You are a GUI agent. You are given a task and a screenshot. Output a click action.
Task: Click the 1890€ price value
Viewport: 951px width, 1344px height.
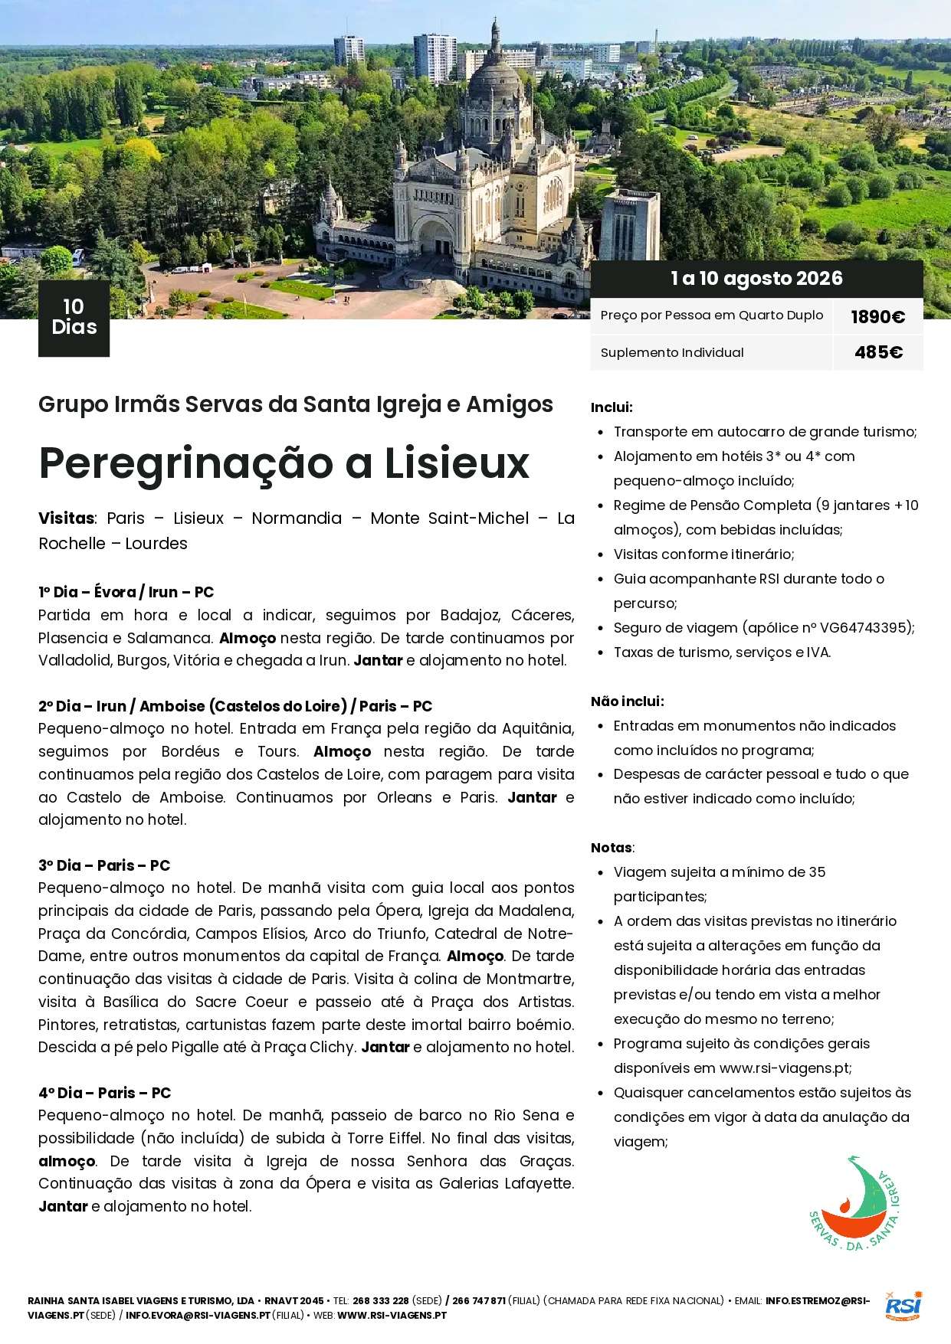(877, 317)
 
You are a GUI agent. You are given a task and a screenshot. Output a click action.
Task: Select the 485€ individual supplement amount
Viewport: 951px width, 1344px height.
(878, 352)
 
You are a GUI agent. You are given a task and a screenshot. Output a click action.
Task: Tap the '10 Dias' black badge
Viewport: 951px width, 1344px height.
(74, 318)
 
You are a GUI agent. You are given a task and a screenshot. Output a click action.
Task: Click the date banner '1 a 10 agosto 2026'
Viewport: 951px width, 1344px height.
(756, 279)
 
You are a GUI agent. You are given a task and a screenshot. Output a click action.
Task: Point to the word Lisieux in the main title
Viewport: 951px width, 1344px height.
(457, 463)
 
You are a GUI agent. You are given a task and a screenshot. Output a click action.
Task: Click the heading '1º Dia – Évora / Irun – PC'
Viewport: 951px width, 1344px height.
(126, 592)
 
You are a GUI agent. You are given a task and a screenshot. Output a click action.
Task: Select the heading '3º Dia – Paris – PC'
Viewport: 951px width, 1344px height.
(104, 865)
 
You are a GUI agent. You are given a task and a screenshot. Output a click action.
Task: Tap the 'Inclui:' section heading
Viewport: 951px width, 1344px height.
(612, 407)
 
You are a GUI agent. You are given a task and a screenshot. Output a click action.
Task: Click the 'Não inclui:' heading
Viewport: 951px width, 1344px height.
(627, 701)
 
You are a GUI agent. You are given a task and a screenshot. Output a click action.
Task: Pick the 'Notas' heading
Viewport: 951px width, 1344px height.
(612, 848)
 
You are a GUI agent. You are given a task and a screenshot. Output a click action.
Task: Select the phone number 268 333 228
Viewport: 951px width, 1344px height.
(380, 1300)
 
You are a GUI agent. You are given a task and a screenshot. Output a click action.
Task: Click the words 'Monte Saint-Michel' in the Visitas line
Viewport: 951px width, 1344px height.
(449, 518)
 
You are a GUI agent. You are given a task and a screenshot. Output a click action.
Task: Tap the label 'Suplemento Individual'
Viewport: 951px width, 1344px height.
(672, 352)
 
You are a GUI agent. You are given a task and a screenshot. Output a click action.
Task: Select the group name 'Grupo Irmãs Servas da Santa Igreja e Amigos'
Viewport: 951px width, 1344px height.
(296, 404)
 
